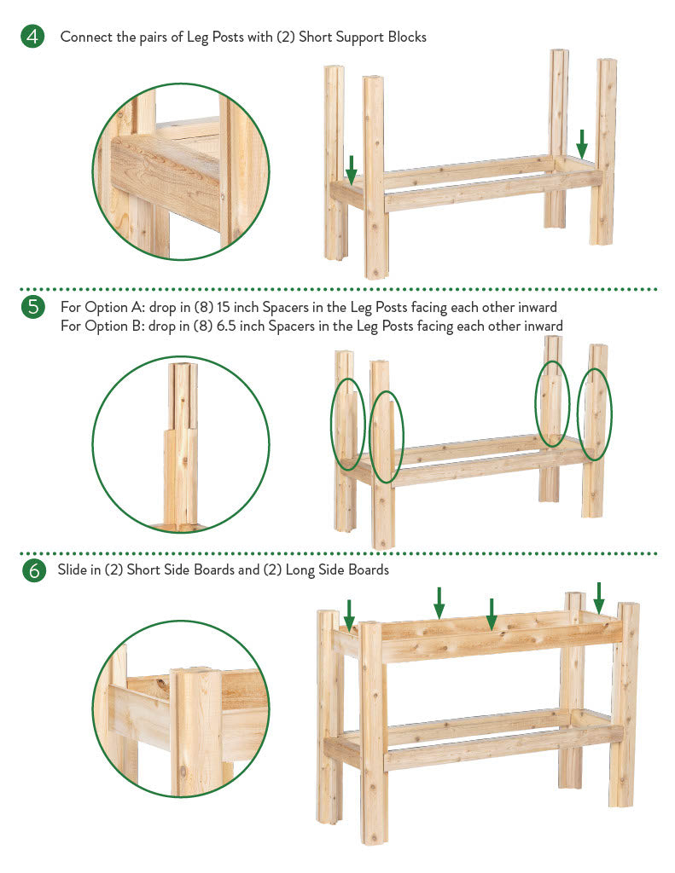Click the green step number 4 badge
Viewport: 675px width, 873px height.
[32, 37]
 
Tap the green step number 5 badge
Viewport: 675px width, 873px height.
[33, 307]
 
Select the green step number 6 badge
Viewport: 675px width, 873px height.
[34, 570]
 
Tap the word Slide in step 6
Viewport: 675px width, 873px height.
[72, 569]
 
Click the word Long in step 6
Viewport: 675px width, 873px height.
[300, 569]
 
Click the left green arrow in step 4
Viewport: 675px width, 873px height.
[352, 170]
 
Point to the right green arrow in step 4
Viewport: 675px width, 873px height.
[581, 143]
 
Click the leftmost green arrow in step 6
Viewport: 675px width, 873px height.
[349, 615]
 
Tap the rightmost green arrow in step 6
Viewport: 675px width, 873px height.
[599, 598]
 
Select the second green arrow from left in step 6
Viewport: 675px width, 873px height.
[439, 603]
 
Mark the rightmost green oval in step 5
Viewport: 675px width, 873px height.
[578, 415]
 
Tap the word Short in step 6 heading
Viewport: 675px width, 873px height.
[143, 569]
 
